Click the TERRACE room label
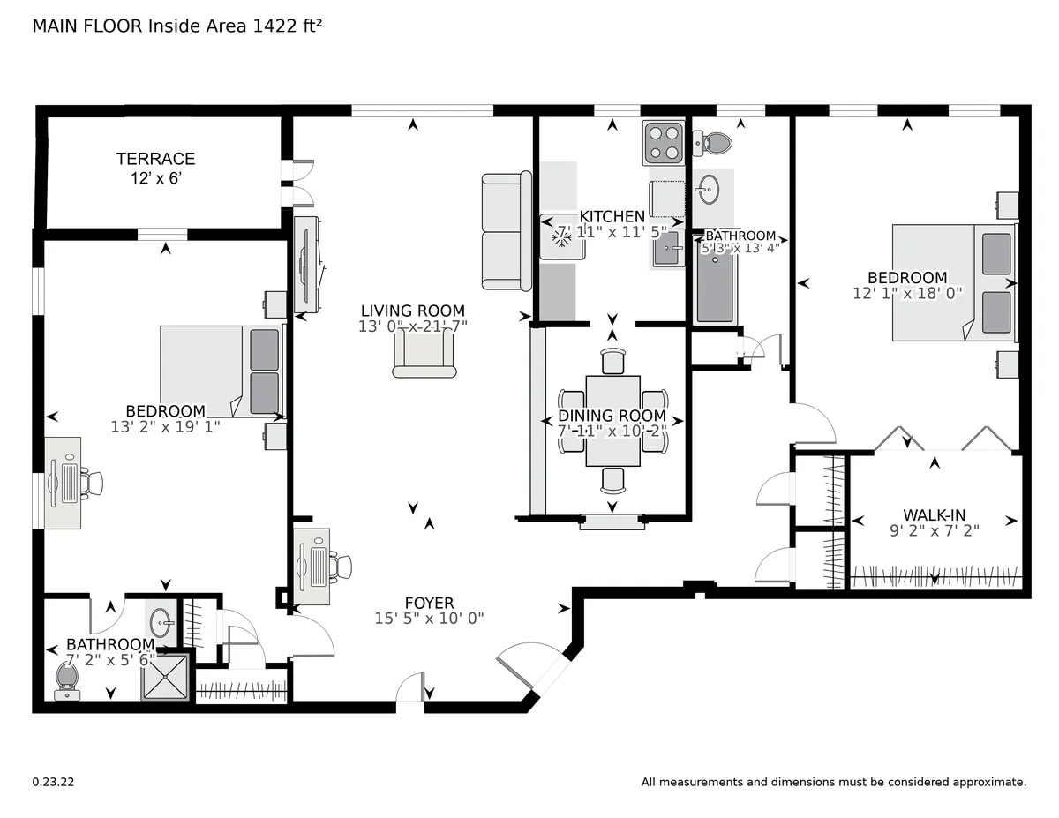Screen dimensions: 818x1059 tap(155, 159)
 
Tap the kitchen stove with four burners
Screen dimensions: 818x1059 tap(665, 143)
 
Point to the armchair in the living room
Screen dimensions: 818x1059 tap(424, 357)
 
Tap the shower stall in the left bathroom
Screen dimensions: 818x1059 tap(166, 678)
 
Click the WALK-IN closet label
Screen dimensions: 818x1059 tap(933, 514)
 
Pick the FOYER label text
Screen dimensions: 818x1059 tap(429, 604)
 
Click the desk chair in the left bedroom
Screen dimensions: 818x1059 tap(91, 483)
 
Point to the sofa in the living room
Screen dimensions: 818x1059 tap(506, 231)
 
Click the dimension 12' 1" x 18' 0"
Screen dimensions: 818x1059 tap(906, 293)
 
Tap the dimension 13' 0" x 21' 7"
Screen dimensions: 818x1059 tap(412, 326)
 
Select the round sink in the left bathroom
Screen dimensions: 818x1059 tap(161, 622)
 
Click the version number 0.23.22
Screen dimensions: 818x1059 tap(53, 782)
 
